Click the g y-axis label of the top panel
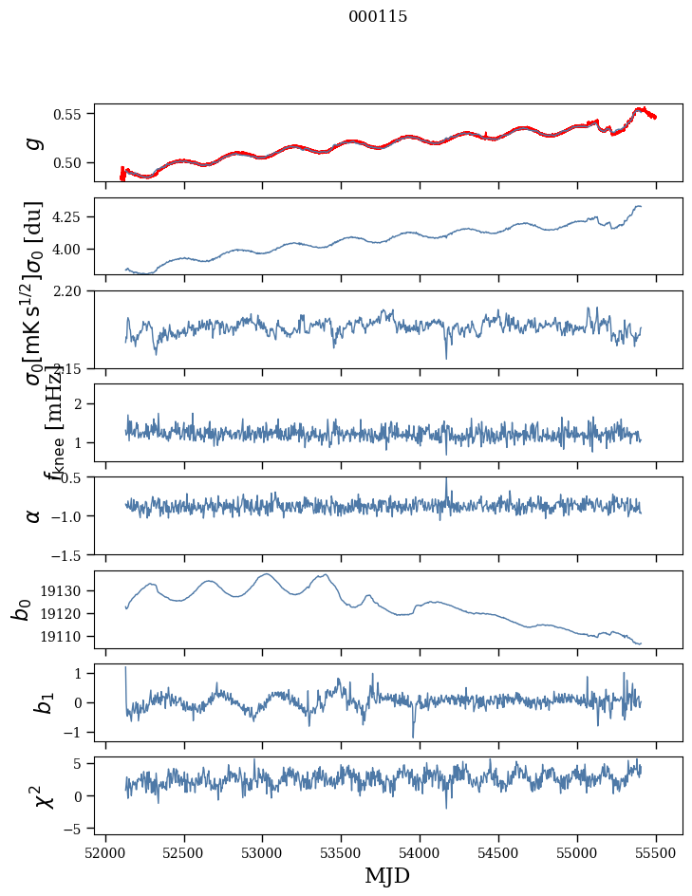(x=34, y=142)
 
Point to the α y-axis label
(x=34, y=515)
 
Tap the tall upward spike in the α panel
(x=446, y=479)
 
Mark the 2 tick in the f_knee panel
(x=81, y=404)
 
